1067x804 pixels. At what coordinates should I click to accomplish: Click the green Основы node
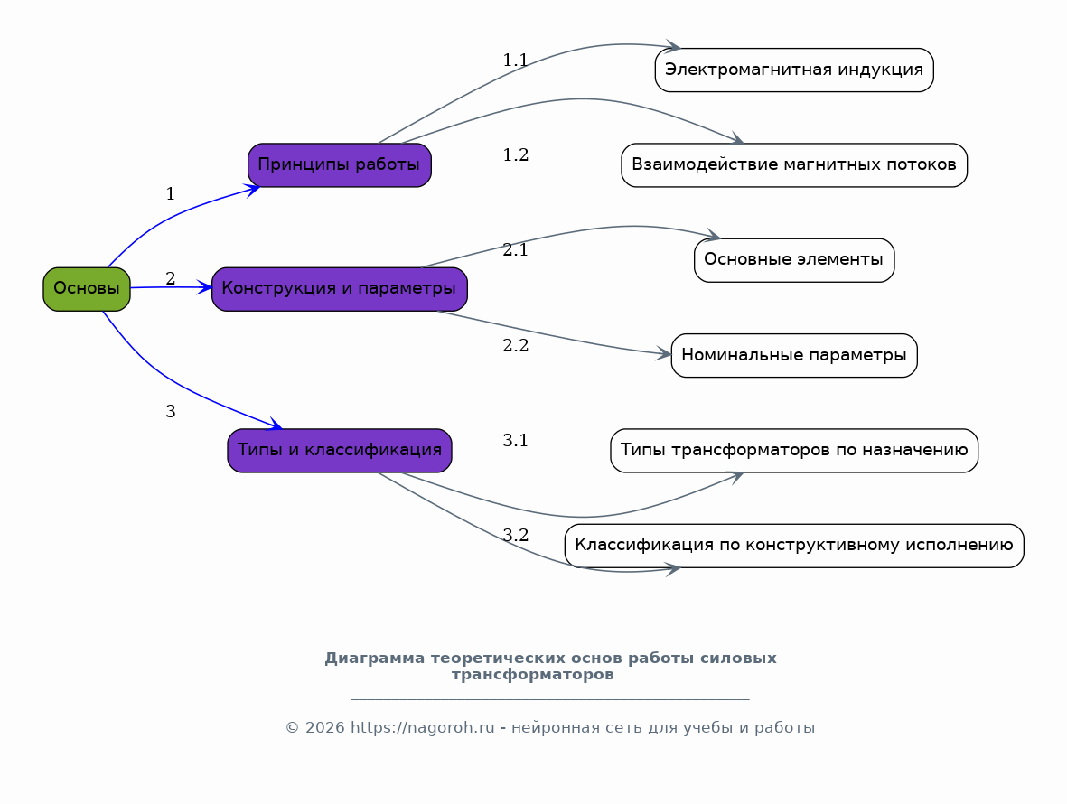[x=87, y=289]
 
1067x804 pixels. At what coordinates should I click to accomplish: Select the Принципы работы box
[x=339, y=165]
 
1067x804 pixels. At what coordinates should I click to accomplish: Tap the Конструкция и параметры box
[x=339, y=289]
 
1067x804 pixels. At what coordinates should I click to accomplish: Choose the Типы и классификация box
[x=339, y=451]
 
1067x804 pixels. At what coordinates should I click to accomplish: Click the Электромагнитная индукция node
[x=793, y=70]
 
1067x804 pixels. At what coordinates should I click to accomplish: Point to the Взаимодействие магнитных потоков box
[x=793, y=165]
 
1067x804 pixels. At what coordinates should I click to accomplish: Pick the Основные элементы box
[x=793, y=260]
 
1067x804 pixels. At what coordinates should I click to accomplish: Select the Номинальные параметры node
[x=793, y=355]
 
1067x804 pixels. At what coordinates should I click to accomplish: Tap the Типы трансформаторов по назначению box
[x=793, y=451]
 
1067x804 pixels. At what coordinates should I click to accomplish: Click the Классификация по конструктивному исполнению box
[x=793, y=546]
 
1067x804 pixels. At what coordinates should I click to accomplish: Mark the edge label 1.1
[x=515, y=61]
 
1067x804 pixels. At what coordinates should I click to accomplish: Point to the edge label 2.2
[x=515, y=345]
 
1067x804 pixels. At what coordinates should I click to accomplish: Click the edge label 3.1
[x=515, y=441]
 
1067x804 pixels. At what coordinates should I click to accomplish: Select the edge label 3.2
[x=515, y=535]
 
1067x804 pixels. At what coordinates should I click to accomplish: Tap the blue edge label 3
[x=170, y=412]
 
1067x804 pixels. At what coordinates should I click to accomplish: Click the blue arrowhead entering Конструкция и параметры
[x=205, y=287]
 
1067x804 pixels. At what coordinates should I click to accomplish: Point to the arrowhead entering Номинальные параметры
[x=664, y=354]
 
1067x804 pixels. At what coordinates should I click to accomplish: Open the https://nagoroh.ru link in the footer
[x=422, y=728]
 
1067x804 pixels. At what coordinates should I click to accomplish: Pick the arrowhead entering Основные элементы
[x=713, y=237]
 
